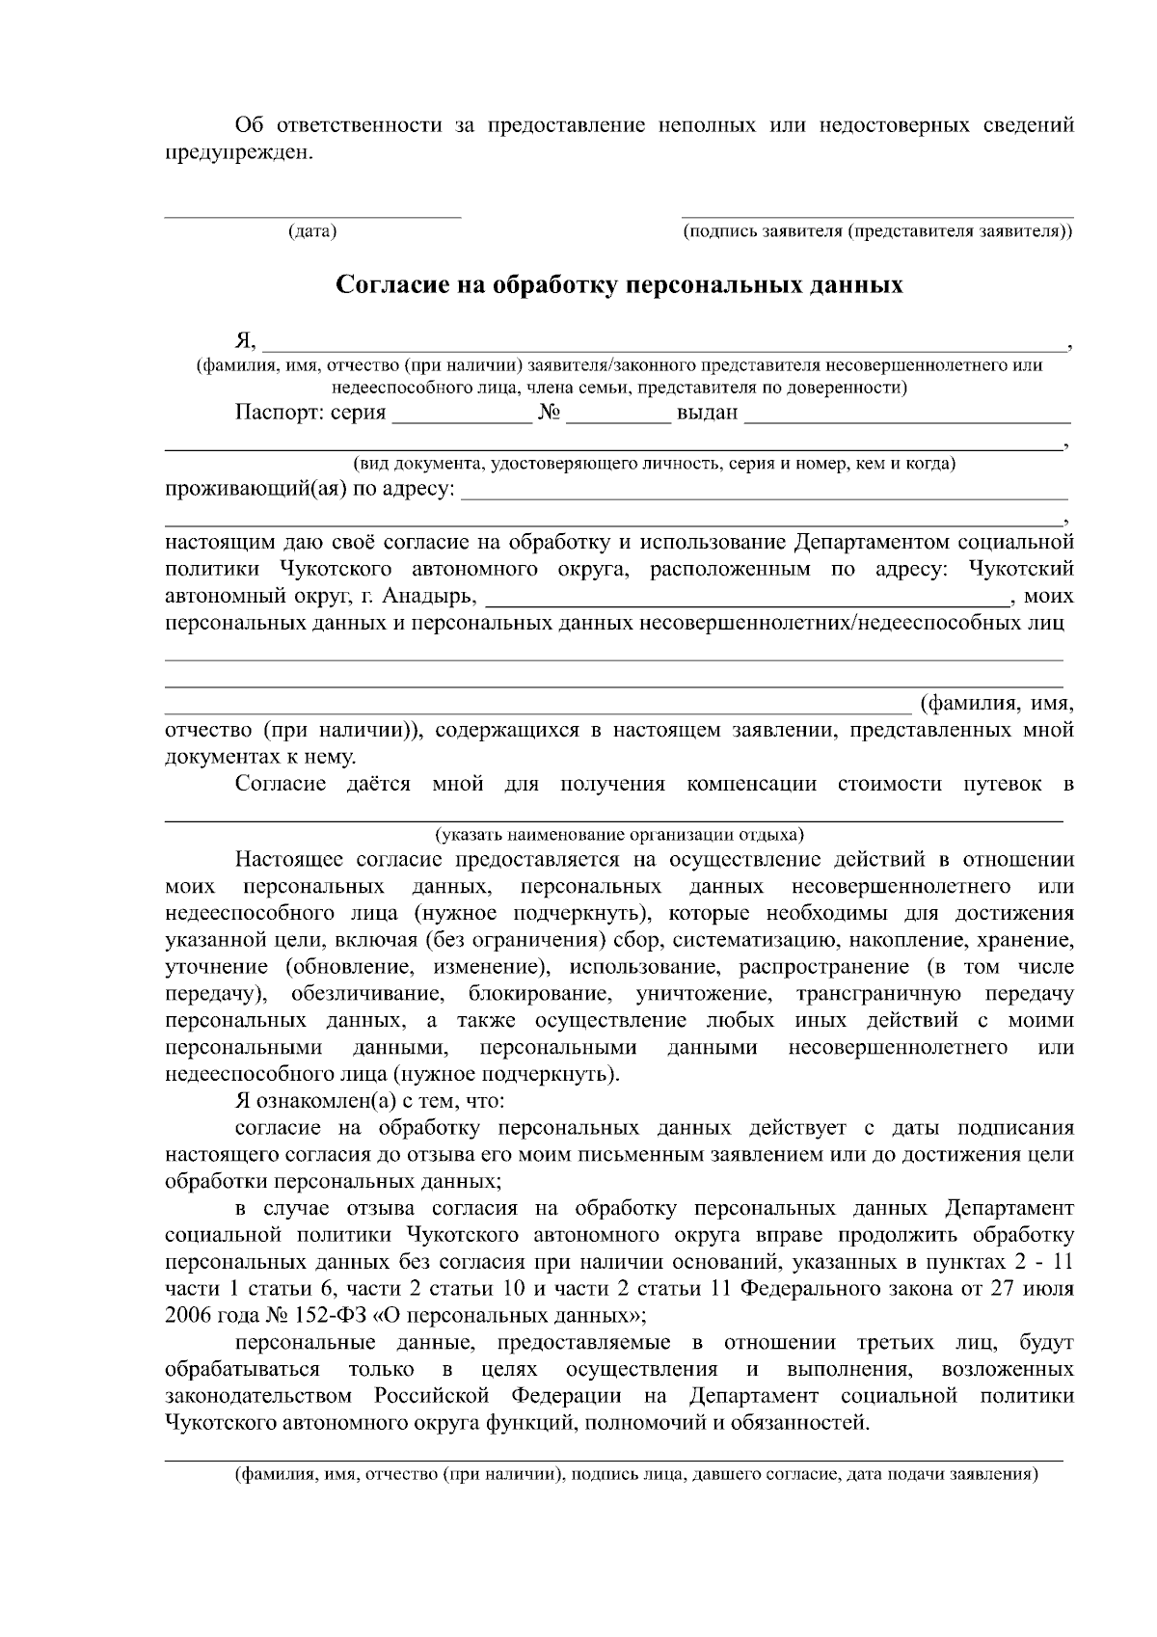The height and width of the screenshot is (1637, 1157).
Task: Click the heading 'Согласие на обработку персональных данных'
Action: pyautogui.click(x=619, y=285)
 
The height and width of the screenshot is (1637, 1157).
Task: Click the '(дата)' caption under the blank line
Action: pyautogui.click(x=312, y=232)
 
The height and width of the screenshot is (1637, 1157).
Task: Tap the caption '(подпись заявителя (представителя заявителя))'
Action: pyautogui.click(x=876, y=232)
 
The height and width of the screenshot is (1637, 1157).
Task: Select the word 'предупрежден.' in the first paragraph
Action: pyautogui.click(x=239, y=151)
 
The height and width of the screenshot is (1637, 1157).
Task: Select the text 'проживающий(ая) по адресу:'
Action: pyautogui.click(x=309, y=490)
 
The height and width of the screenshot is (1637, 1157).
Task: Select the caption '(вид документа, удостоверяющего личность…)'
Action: pyautogui.click(x=655, y=464)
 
